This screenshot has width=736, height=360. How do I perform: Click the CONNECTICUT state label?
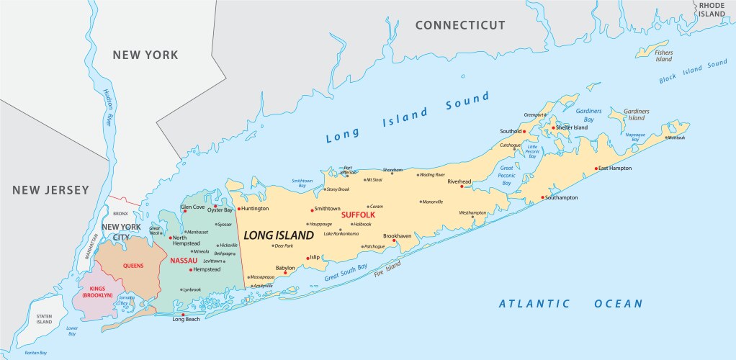click(x=460, y=25)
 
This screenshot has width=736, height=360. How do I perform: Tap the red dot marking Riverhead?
click(x=462, y=186)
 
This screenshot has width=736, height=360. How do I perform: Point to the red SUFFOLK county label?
click(x=358, y=215)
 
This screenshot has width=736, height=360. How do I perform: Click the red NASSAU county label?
click(x=184, y=260)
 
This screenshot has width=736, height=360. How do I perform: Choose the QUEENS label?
click(x=133, y=265)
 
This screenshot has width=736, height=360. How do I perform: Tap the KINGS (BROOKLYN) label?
click(x=97, y=292)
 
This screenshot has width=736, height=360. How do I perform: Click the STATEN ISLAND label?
click(x=45, y=318)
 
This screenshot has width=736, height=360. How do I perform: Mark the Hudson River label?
click(x=108, y=108)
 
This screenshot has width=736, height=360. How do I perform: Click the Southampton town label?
click(x=562, y=197)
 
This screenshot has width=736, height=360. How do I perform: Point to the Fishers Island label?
click(x=663, y=55)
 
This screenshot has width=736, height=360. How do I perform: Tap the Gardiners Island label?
click(x=636, y=114)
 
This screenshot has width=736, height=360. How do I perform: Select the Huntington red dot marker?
click(x=238, y=209)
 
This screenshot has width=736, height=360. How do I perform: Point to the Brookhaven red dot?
click(x=394, y=241)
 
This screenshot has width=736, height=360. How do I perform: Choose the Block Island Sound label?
click(x=693, y=73)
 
